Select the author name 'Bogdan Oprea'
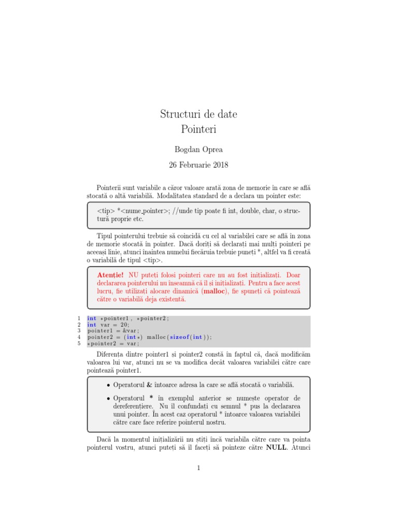click(x=198, y=149)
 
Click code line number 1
click(x=78, y=318)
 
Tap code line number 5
click(x=78, y=343)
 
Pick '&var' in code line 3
click(x=131, y=331)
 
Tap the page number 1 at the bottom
click(x=198, y=468)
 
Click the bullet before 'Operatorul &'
click(x=108, y=386)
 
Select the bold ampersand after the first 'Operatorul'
click(x=150, y=385)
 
